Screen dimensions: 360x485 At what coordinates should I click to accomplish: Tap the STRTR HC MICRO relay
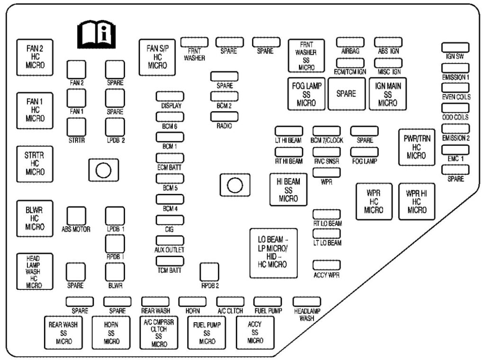(x=36, y=164)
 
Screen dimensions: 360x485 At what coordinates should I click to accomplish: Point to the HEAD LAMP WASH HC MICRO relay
(x=35, y=271)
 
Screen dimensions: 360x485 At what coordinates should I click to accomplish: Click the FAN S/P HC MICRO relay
(x=157, y=57)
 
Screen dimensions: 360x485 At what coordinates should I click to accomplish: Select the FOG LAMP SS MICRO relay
(x=306, y=93)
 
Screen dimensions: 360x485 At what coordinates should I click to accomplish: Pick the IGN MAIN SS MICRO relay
(x=387, y=93)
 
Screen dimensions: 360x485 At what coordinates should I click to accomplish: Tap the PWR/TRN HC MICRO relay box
(x=416, y=146)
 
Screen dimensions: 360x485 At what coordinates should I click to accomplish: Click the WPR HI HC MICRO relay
(x=416, y=201)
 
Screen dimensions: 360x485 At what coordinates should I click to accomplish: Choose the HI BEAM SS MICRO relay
(x=288, y=189)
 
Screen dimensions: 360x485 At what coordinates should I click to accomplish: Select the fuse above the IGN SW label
(x=455, y=47)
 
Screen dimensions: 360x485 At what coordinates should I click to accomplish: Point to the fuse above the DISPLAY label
(x=170, y=96)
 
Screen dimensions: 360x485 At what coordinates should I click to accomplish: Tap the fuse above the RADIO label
(x=224, y=117)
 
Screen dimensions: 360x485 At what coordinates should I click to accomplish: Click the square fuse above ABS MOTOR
(x=76, y=216)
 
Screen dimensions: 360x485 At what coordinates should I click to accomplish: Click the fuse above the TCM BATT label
(x=170, y=261)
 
